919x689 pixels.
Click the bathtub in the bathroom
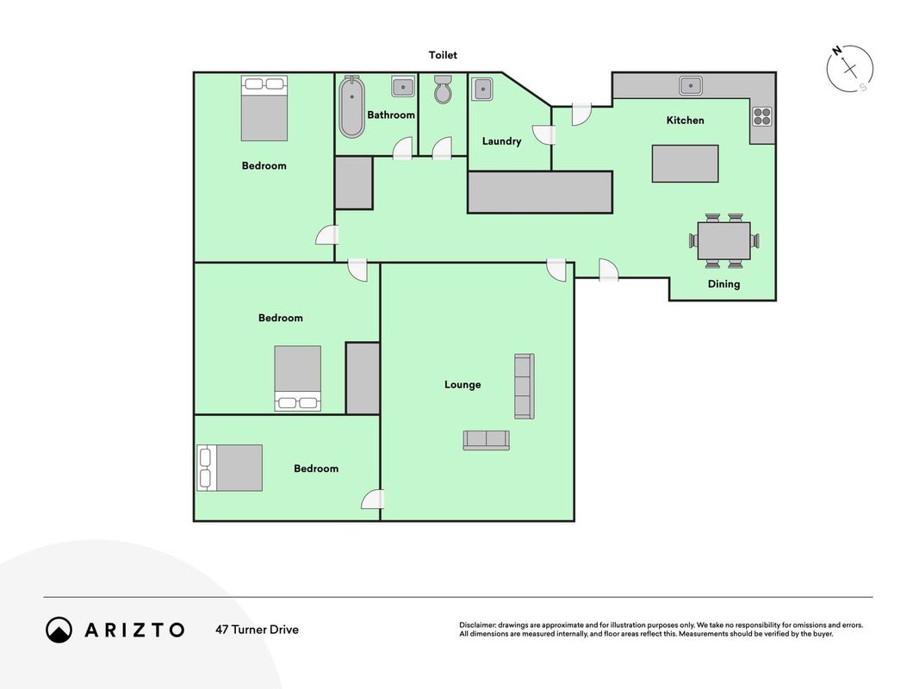351,107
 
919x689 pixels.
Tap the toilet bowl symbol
443,89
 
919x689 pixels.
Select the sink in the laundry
481,89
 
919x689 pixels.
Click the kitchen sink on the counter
691,85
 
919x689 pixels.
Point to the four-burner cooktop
762,116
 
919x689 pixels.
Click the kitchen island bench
685,164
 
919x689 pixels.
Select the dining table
723,240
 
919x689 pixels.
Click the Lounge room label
463,384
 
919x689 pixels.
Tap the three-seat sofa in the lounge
524,386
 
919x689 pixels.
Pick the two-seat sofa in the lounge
486,440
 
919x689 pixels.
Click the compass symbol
850,69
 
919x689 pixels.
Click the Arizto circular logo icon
59,630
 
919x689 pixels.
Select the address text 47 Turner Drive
257,630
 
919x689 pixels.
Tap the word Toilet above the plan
443,55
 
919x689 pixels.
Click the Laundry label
501,141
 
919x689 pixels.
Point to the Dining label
723,284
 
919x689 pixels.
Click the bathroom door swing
402,149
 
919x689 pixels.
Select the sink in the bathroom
402,87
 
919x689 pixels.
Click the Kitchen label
685,120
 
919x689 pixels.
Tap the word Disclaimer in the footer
477,625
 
